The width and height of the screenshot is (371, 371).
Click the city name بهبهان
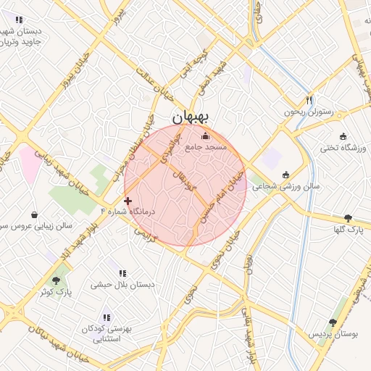[x=191, y=117]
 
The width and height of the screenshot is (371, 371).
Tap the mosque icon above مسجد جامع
[x=205, y=135]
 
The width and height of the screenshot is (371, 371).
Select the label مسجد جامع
[x=206, y=146]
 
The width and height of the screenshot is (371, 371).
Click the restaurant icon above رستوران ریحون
[x=309, y=100]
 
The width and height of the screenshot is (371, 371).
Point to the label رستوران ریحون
[x=307, y=112]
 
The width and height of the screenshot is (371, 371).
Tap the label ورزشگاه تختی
[x=344, y=148]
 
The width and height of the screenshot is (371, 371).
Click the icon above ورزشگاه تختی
[x=343, y=136]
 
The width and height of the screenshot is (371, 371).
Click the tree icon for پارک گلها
[x=348, y=217]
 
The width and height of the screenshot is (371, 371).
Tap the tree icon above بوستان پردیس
[x=333, y=322]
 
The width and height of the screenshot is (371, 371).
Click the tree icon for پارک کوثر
[x=57, y=280]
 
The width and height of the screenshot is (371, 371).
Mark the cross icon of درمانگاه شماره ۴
[x=128, y=201]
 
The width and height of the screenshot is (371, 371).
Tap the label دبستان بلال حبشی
[x=122, y=285]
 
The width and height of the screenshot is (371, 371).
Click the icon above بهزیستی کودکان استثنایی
[x=107, y=317]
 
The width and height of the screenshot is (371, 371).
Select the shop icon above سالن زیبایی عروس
[x=35, y=214]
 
